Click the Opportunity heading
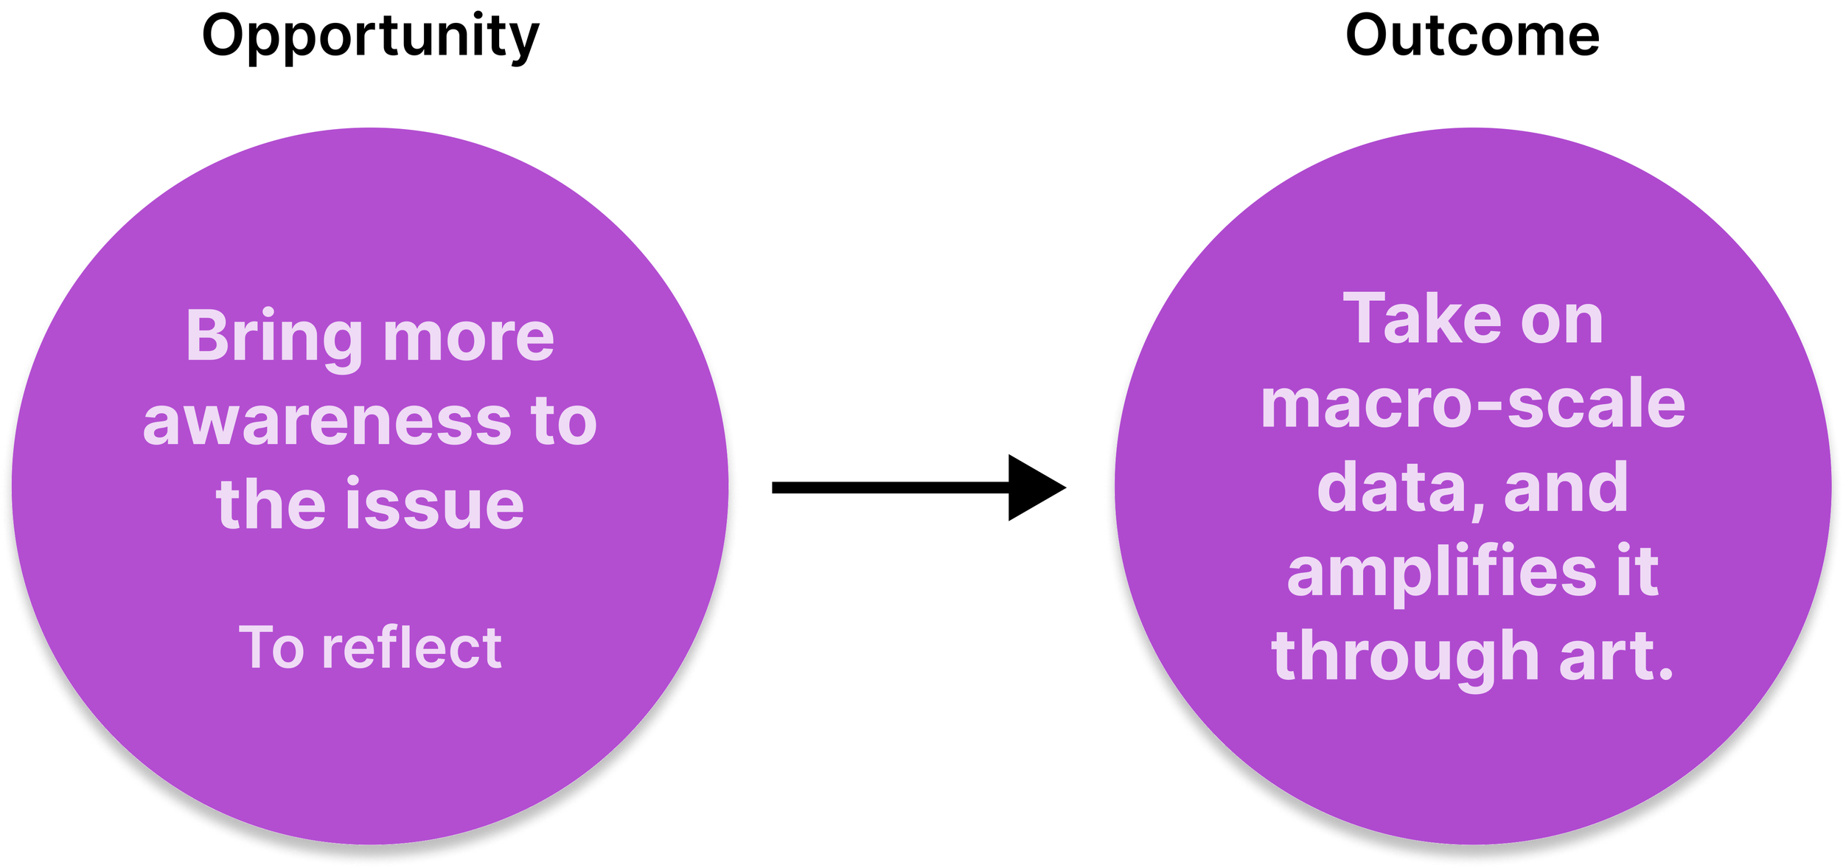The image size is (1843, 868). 370,37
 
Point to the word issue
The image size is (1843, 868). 435,505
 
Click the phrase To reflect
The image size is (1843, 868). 370,647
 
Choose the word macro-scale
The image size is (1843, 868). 1473,404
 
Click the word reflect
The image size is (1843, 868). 412,647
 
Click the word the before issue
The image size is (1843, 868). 271,505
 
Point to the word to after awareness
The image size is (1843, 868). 563,422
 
